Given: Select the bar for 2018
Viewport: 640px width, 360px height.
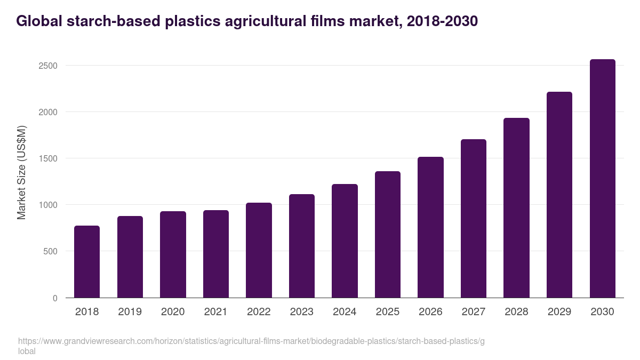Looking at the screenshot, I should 87,261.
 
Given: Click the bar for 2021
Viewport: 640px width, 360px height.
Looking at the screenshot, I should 216,254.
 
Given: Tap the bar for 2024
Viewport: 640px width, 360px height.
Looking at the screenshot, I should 345,241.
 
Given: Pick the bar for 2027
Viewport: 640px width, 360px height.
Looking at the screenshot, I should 474,218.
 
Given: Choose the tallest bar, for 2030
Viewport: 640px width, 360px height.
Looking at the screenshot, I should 603,178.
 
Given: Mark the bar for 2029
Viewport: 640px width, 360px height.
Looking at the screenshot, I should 559,195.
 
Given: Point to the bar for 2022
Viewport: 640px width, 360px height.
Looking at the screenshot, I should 259,250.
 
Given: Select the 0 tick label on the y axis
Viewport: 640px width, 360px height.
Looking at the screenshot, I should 55,298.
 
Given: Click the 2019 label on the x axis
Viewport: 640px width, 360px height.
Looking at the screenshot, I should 130,312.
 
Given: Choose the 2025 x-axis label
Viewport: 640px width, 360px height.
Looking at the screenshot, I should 388,312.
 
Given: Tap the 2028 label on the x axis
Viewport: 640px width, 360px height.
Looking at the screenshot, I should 516,312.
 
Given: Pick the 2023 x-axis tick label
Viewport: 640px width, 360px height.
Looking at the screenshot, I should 302,312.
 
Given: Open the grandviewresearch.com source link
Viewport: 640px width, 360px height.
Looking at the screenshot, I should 251,341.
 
